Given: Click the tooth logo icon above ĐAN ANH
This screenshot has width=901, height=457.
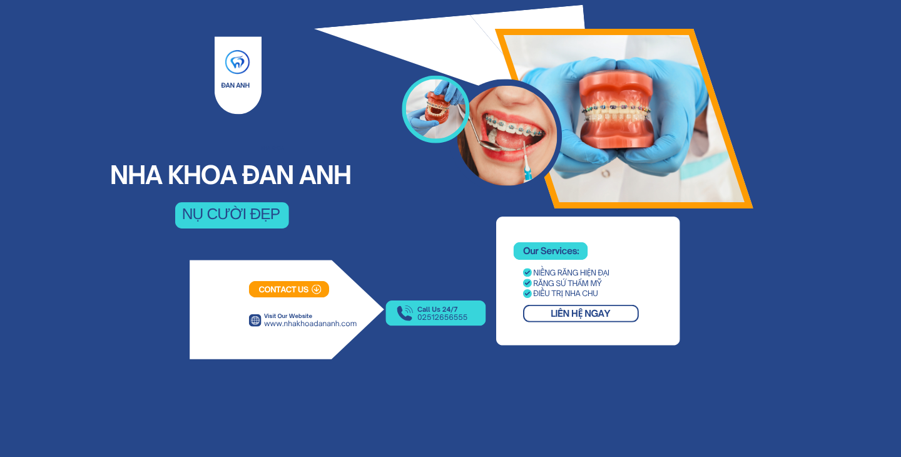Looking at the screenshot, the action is point(237,62).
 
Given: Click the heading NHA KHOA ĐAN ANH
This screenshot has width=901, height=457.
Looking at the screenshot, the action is point(230,175).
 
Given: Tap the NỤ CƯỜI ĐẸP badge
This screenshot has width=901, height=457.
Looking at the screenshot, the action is point(232,215).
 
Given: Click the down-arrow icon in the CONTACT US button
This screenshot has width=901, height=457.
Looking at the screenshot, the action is point(317,289).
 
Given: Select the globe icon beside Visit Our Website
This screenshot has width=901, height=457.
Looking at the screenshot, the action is point(255,321).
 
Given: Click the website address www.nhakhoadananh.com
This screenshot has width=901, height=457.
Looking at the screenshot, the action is point(310,324).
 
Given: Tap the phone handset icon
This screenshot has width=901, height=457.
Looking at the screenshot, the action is point(405,313).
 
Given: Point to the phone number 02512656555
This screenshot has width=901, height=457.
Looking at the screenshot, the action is point(442,317).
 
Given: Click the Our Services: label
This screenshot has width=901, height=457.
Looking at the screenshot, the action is point(551,251).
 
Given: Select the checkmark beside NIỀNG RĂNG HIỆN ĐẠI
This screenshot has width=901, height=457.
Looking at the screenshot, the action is point(527,272).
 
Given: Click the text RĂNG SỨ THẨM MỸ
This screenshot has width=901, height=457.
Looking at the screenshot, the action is point(567,283).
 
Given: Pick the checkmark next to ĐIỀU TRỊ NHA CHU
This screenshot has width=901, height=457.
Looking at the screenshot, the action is point(527,293).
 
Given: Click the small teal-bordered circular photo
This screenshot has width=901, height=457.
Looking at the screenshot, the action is point(435,109).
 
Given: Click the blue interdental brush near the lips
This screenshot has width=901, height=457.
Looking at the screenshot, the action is point(527,163).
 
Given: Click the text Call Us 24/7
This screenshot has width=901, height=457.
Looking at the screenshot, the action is point(437,309).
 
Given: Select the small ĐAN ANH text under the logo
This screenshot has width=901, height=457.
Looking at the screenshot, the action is point(235,85).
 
